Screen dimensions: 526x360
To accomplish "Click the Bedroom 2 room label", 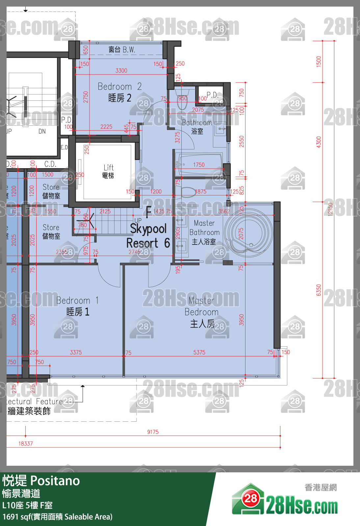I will click(x=119, y=92).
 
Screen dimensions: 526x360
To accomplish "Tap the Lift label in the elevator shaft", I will click(x=108, y=171).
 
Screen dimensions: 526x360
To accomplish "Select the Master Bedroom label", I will click(x=202, y=312).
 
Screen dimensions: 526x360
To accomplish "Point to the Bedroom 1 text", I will click(x=78, y=306).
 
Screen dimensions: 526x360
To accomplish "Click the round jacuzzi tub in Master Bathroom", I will click(x=249, y=233).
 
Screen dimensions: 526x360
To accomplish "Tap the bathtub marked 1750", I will click(x=199, y=165).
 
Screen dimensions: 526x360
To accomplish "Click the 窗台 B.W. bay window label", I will click(x=122, y=50).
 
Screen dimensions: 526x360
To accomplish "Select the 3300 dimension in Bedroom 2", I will click(x=121, y=70).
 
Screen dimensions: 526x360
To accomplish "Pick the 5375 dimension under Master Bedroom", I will click(x=199, y=352).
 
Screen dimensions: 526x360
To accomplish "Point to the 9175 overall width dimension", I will click(x=153, y=432).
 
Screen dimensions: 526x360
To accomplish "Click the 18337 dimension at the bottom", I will click(x=25, y=443).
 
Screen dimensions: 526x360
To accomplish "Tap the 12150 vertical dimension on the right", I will click(x=330, y=209).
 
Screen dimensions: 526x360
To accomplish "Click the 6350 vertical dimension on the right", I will click(x=318, y=290).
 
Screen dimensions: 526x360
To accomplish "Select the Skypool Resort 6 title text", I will click(x=148, y=236).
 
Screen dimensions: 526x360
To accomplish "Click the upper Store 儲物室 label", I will click(x=51, y=191).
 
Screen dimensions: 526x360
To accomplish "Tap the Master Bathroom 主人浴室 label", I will click(x=204, y=232).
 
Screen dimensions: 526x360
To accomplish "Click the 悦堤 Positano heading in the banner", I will click(x=41, y=481).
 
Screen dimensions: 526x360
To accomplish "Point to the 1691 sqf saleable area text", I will click(x=57, y=517).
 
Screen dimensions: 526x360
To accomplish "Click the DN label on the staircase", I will click(x=42, y=131).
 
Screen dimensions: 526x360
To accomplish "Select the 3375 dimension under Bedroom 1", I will click(x=76, y=352).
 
